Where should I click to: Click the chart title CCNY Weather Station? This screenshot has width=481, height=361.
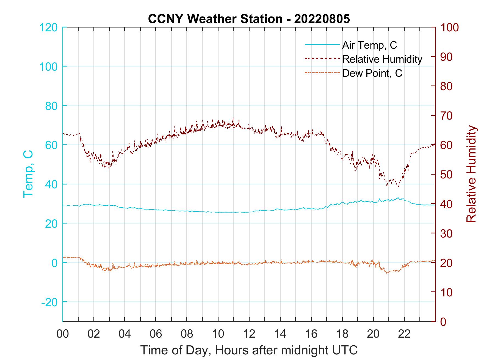[x=249, y=19]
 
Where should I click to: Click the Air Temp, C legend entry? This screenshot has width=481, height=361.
[x=369, y=45]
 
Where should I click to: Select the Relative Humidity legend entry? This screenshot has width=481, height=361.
[x=382, y=59]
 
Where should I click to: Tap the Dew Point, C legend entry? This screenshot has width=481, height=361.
[x=372, y=73]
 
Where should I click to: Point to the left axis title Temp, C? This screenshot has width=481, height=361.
[x=28, y=174]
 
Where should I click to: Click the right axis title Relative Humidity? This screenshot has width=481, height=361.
[x=471, y=174]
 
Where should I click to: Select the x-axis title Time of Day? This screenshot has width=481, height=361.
[x=249, y=350]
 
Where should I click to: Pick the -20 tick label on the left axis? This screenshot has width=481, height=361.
[x=49, y=302]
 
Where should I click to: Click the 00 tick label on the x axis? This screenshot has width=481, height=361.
[x=63, y=334]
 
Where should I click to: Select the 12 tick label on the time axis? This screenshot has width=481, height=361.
[x=249, y=334]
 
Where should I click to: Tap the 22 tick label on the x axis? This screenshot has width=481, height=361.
[x=404, y=334]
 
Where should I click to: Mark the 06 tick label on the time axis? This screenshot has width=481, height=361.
[x=156, y=334]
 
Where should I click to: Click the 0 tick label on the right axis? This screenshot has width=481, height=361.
[x=444, y=322]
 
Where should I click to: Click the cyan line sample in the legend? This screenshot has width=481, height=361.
[x=322, y=45]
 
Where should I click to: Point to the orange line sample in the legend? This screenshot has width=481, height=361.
[x=322, y=73]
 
